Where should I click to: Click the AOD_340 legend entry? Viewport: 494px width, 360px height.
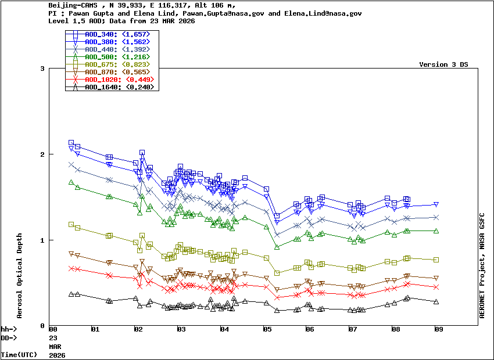[117, 35]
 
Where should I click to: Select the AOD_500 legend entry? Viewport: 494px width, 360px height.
[117, 57]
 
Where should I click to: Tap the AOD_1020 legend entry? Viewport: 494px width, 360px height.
[117, 80]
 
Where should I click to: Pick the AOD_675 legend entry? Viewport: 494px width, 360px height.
[117, 64]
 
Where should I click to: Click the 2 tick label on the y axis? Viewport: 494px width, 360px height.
[42, 154]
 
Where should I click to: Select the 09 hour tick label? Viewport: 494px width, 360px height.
[439, 329]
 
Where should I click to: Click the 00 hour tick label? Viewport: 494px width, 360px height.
[53, 329]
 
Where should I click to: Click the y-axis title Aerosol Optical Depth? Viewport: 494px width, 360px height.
[19, 276]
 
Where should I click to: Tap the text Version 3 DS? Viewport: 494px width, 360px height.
[443, 64]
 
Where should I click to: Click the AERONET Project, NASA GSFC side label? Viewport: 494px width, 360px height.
[482, 255]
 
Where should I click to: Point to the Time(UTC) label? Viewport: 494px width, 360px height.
[17, 354]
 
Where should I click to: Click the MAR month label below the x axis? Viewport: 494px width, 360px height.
[55, 345]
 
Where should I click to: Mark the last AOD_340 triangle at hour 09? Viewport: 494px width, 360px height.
[436, 204]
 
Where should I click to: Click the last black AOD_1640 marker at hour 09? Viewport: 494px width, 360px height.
[436, 302]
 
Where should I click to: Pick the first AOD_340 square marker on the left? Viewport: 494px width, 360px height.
[71, 142]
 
